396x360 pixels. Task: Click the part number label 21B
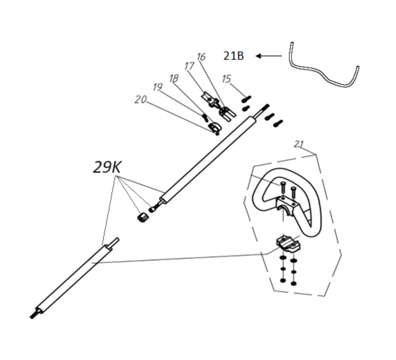(234, 56)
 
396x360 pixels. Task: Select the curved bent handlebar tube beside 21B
(324, 72)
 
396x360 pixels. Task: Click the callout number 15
(226, 79)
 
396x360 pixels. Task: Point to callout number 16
(201, 57)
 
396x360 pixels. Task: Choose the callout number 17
(189, 66)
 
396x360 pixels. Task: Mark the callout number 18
(174, 78)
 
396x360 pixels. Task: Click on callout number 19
(157, 87)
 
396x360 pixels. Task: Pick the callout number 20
(140, 100)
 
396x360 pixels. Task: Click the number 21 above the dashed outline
(298, 144)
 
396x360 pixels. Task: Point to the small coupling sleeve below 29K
(143, 217)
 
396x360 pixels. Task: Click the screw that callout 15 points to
(247, 97)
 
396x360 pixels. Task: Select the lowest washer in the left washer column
(283, 280)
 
